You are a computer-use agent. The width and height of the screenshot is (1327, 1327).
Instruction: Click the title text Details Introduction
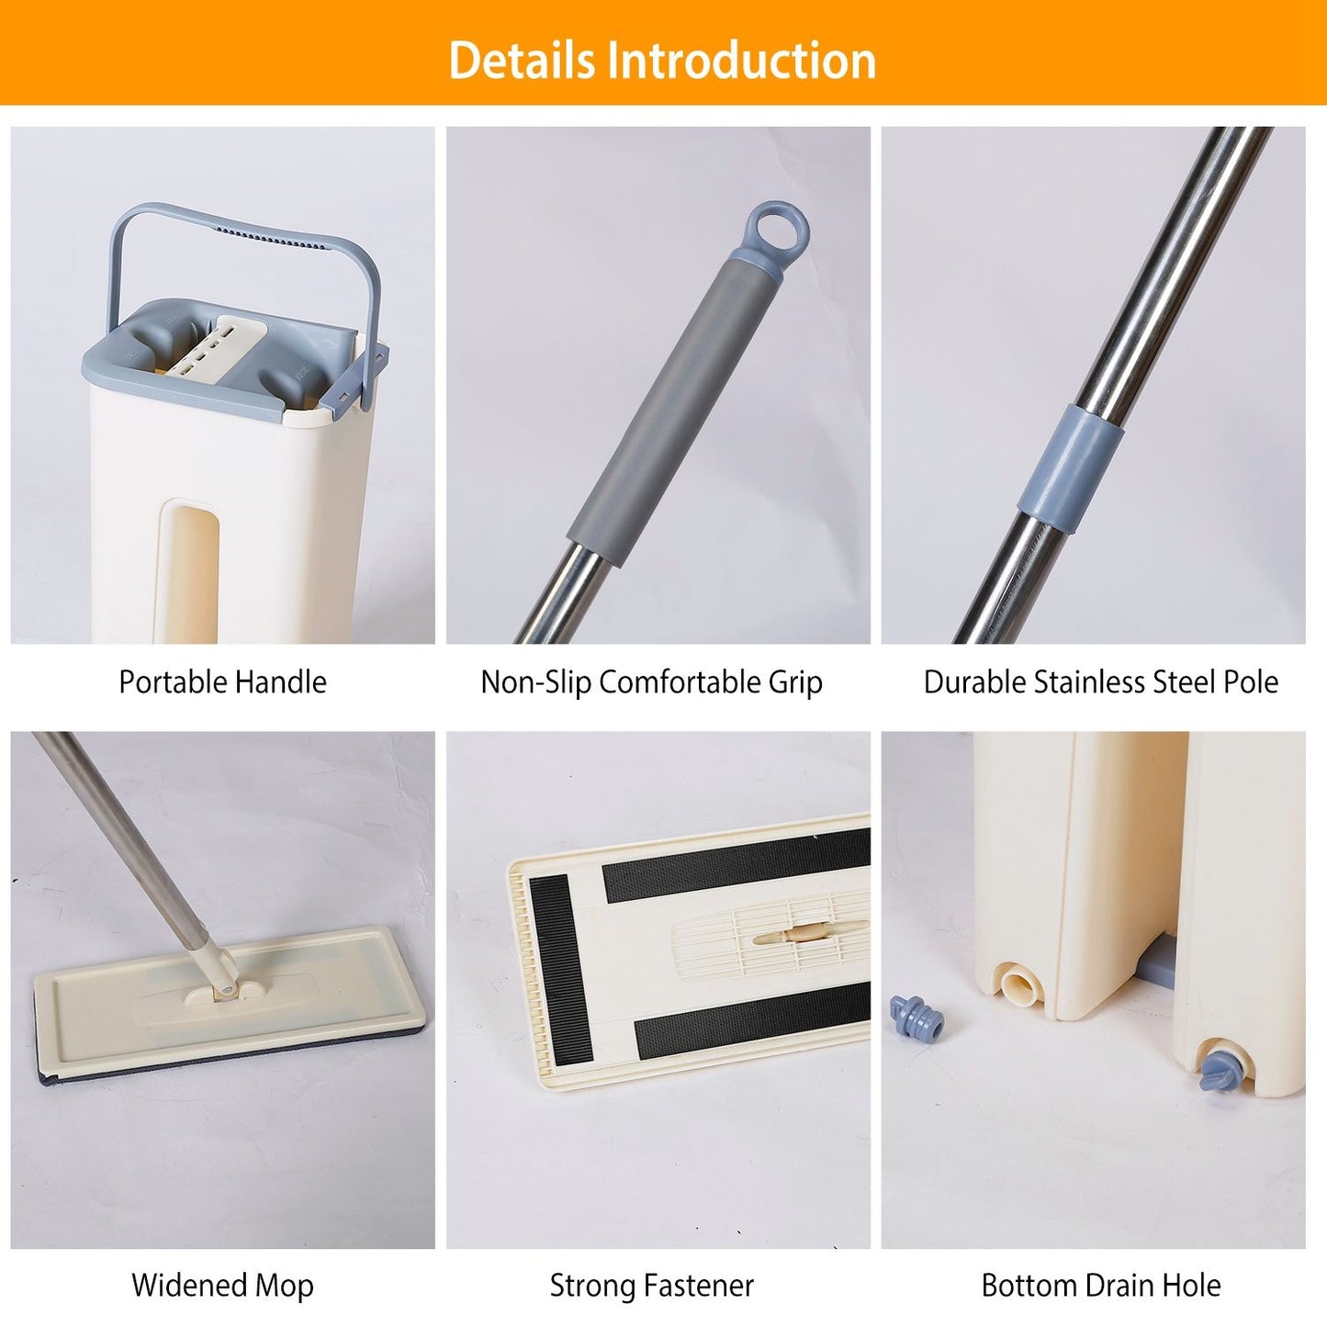pos(662,61)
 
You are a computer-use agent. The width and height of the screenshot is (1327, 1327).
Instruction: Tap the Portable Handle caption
pos(222,681)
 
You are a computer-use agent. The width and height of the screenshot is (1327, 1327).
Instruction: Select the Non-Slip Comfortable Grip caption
pos(651,682)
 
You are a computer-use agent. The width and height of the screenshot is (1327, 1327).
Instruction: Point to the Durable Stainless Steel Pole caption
pos(1100,681)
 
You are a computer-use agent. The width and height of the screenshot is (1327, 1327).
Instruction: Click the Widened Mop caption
pos(222,1265)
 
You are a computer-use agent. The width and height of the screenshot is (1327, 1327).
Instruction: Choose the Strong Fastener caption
pos(651,1265)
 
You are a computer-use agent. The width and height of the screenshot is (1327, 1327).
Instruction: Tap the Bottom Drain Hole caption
pos(1100,1265)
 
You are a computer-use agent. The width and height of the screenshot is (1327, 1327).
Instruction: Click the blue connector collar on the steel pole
pos(1071,469)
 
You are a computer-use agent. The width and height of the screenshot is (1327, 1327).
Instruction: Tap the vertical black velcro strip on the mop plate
pos(560,971)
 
